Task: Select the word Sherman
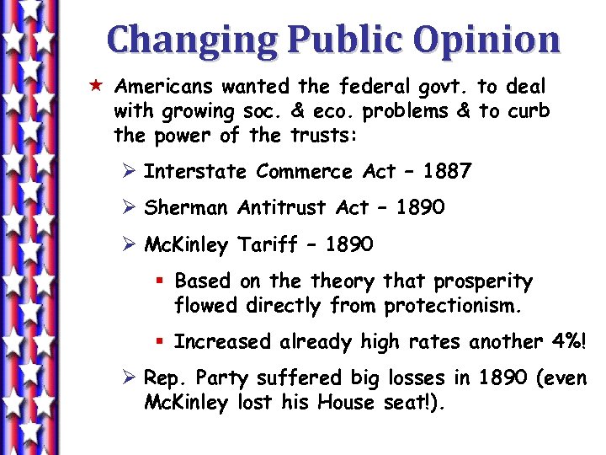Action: [x=186, y=208]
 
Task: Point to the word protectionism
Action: [x=453, y=306]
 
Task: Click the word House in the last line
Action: [x=347, y=403]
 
